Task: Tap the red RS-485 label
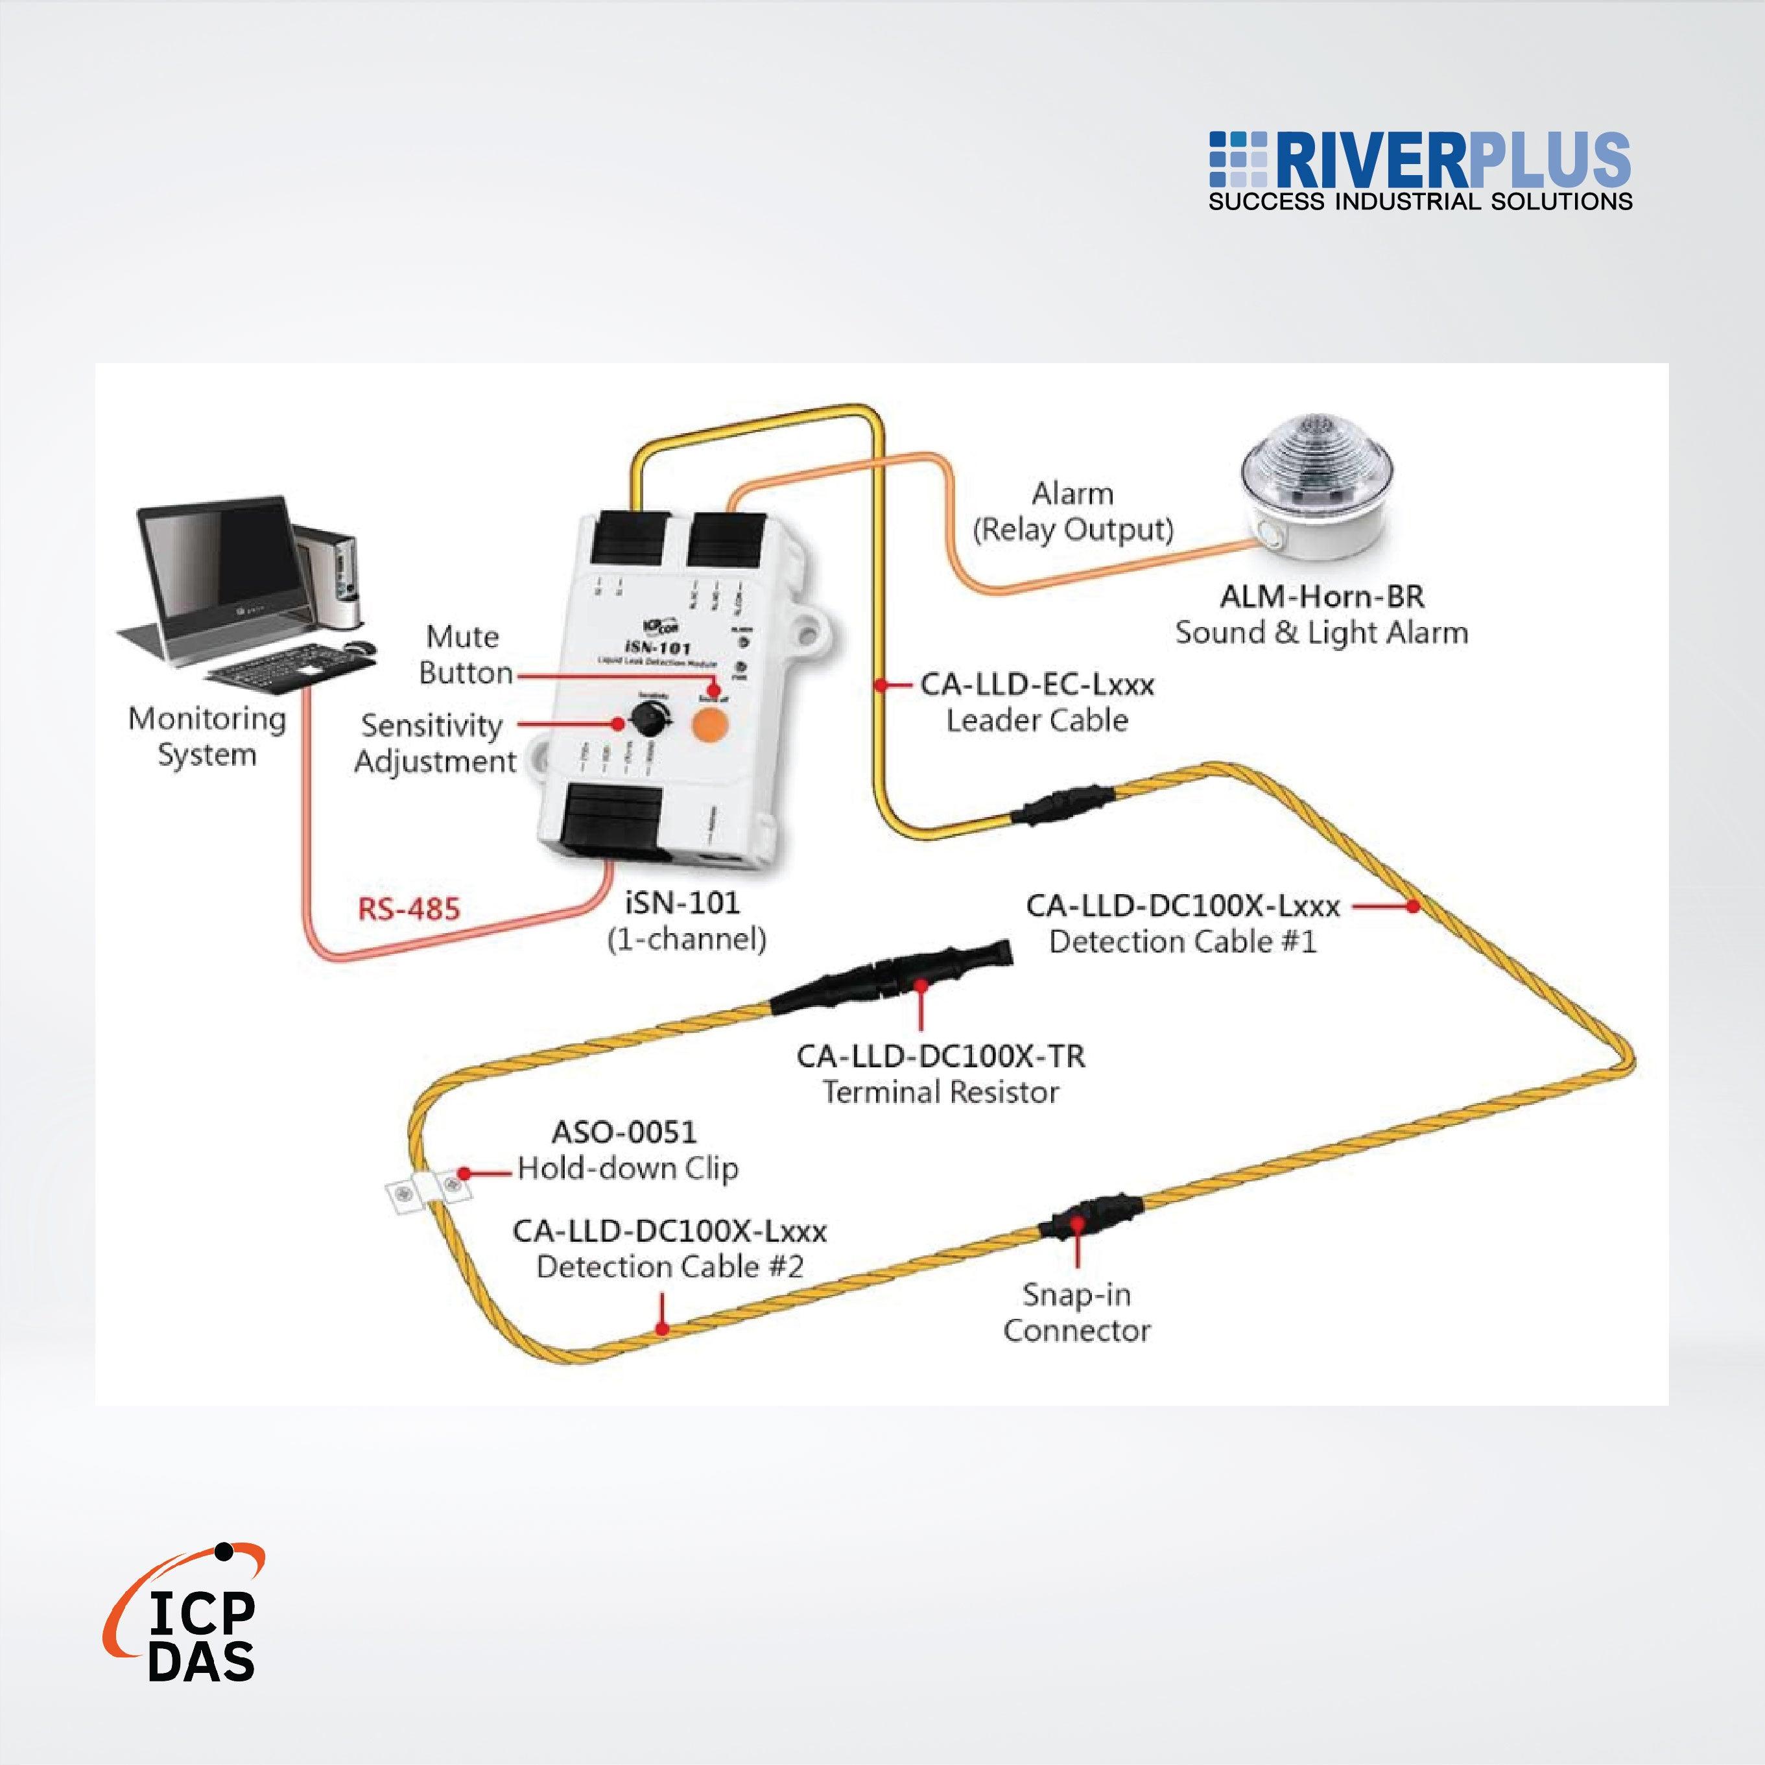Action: pos(409,909)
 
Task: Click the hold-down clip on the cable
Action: pos(427,1191)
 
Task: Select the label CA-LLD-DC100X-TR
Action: pos(940,1056)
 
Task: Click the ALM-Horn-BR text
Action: pos(1321,597)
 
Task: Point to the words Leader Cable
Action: pos(1037,721)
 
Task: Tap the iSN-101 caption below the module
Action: pos(681,903)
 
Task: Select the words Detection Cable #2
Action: pos(669,1267)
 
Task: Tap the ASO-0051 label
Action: pos(624,1133)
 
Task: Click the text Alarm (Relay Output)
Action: pos(1072,512)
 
